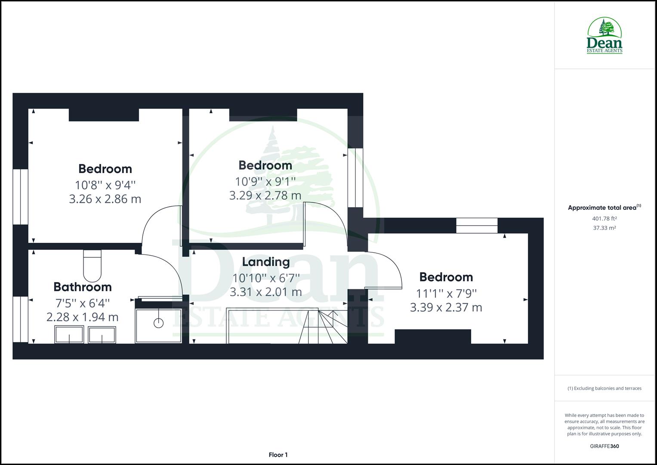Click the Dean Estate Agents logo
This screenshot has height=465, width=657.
click(605, 36)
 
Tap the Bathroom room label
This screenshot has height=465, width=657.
click(83, 287)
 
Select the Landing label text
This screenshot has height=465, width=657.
click(265, 262)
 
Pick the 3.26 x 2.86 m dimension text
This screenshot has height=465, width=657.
click(105, 199)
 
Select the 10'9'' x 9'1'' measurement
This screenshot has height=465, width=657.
click(265, 181)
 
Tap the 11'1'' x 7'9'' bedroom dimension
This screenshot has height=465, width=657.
click(446, 293)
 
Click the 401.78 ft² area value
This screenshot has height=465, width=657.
click(604, 218)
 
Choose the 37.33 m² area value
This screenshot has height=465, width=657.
click(604, 228)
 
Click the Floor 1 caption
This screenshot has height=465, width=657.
click(278, 455)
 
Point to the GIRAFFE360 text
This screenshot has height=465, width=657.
click(604, 446)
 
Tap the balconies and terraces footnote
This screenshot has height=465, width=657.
click(604, 388)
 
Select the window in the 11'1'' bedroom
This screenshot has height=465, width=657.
click(477, 226)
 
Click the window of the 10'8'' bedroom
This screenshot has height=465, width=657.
click(20, 196)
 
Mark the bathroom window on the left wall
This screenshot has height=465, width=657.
click(20, 319)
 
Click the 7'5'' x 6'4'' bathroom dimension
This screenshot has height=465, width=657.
click(83, 303)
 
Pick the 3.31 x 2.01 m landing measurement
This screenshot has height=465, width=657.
click(265, 292)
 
